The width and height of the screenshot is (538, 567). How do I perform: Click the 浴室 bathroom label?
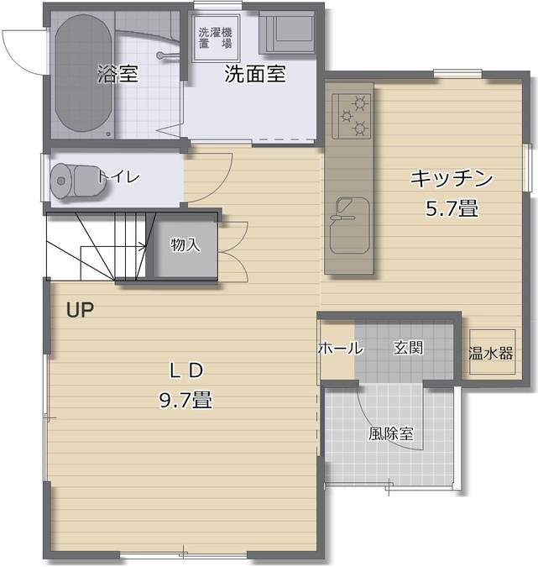tap(118, 74)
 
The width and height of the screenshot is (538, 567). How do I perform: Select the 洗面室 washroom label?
tap(254, 74)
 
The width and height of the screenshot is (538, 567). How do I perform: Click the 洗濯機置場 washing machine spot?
tap(216, 38)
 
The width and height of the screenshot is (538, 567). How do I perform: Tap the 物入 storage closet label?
tap(185, 244)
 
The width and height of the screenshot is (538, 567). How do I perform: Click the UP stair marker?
tap(80, 309)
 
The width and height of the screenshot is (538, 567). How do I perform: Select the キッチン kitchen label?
tap(450, 178)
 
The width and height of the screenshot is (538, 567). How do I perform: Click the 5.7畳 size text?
tap(450, 207)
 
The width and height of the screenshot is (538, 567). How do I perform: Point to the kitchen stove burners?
tap(352, 116)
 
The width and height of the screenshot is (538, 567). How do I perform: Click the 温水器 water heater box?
tap(490, 353)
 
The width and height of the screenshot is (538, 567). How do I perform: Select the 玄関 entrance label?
tap(409, 348)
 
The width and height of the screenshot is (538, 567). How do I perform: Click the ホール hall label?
tap(339, 348)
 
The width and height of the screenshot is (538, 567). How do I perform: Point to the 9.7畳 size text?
tap(185, 400)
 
